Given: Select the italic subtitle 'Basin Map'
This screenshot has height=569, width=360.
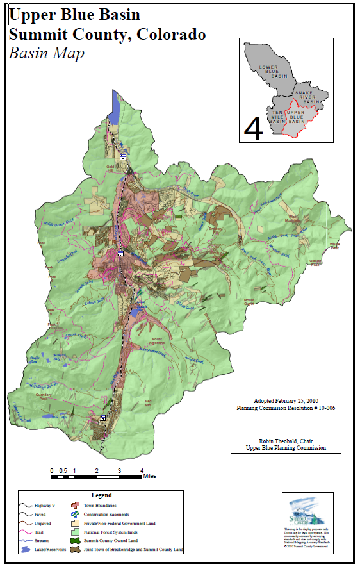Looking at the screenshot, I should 46,53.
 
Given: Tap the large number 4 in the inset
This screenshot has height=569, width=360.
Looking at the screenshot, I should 254,128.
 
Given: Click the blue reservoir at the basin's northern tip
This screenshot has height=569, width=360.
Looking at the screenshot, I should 115,106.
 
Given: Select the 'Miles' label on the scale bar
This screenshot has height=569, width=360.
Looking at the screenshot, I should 149,476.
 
